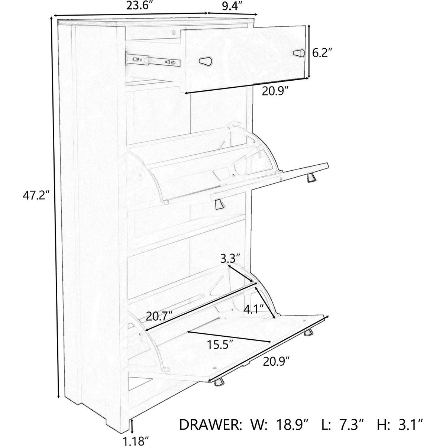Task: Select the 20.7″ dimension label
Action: [159, 316]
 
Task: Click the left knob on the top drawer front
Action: [206, 61]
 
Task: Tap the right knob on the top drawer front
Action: [299, 53]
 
